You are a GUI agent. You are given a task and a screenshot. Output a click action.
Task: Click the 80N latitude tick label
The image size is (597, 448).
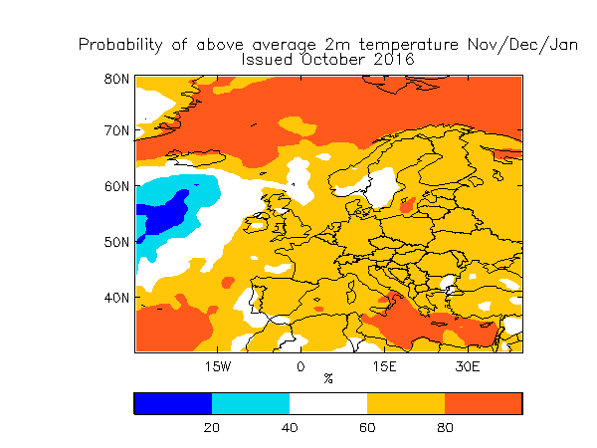[117, 79]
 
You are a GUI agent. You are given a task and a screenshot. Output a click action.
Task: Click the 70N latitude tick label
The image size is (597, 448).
[117, 130]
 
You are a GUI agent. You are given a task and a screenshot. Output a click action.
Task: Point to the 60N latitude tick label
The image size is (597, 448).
[117, 186]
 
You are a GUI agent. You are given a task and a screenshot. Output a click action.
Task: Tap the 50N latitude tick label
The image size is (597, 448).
[117, 242]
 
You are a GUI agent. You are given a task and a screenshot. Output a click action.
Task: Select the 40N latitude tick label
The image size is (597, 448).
[117, 298]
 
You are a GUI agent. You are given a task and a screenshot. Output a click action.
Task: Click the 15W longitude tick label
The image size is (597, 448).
[218, 366]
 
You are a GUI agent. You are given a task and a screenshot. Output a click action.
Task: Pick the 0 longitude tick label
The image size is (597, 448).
[300, 366]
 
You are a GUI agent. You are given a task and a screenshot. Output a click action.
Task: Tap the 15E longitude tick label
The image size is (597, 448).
[384, 366]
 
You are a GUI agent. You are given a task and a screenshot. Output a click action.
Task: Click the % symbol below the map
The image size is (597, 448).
[328, 378]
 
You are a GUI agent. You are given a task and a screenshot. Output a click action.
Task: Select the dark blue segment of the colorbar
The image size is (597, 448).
[172, 403]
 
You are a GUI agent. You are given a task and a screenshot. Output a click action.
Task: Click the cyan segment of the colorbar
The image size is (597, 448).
[250, 403]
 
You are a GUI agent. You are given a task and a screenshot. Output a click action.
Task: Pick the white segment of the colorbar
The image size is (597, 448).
[327, 403]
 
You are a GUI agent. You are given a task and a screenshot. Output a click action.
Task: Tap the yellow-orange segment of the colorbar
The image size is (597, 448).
[405, 403]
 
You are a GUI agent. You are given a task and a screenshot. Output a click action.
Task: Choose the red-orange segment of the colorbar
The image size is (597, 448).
[483, 403]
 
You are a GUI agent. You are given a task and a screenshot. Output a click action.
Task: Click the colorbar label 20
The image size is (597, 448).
[211, 427]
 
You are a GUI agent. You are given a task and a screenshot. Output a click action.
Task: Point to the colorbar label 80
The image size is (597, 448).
[444, 427]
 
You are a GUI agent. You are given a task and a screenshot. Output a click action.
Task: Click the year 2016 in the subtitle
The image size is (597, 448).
[394, 60]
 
